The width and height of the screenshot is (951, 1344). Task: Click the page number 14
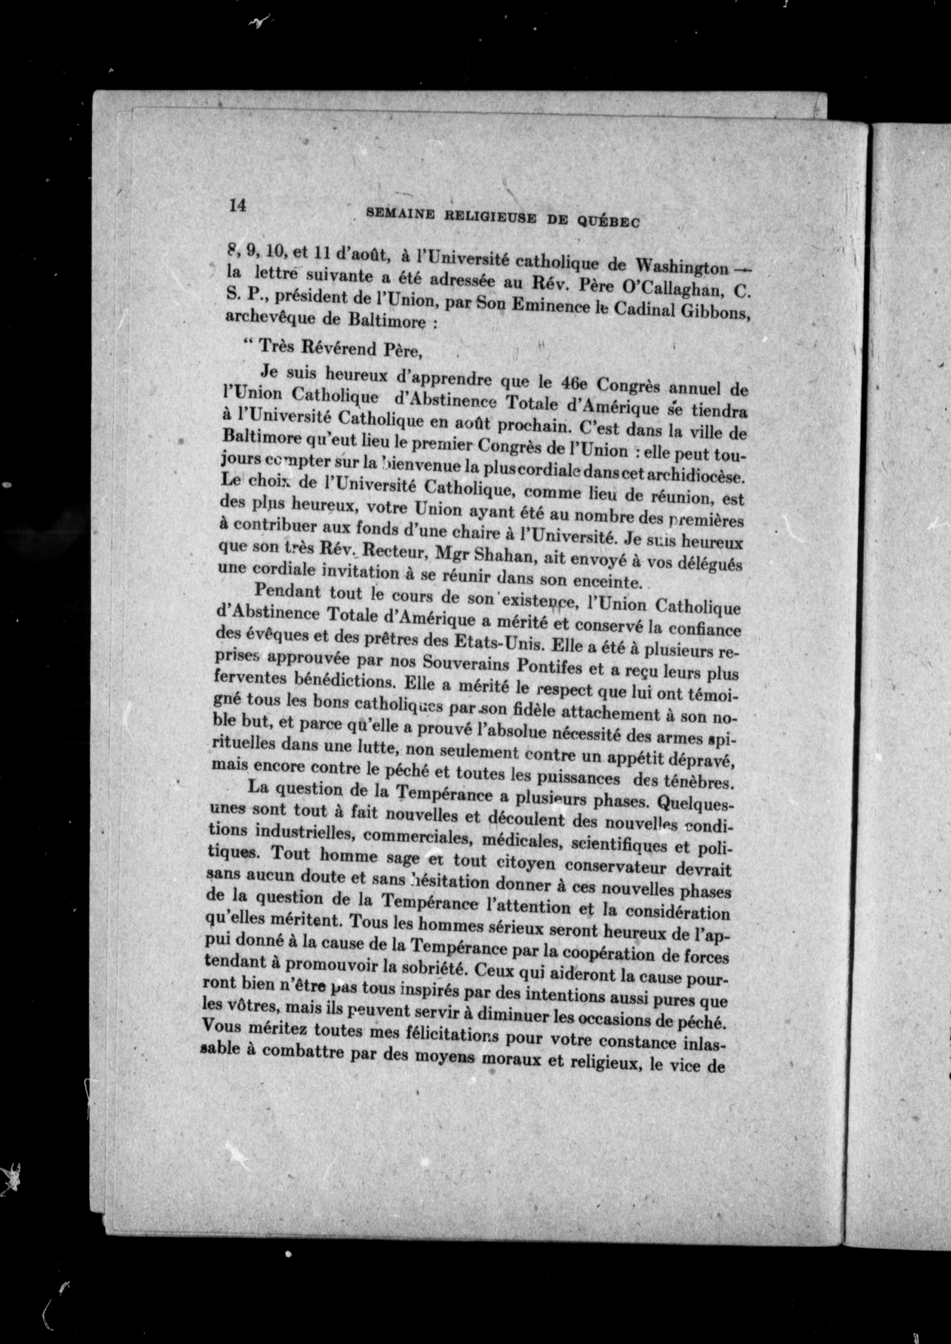click(x=237, y=206)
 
